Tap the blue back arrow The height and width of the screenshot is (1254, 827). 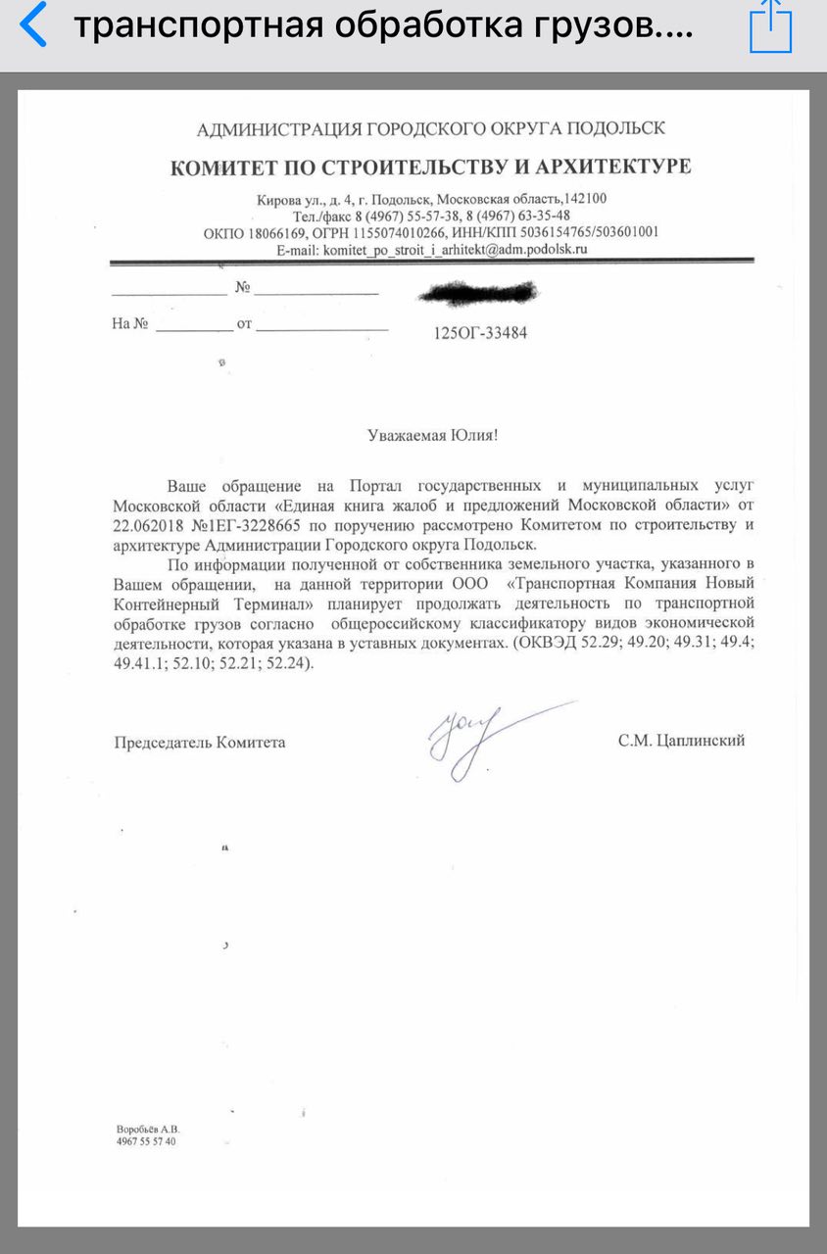pyautogui.click(x=32, y=26)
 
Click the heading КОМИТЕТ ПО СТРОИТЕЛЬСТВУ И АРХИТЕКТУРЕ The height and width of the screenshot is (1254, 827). pyautogui.click(x=430, y=166)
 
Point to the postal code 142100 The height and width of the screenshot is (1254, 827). pyautogui.click(x=585, y=199)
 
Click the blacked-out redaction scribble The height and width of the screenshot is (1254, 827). pyautogui.click(x=478, y=291)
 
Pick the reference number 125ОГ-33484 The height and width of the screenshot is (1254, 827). pyautogui.click(x=480, y=333)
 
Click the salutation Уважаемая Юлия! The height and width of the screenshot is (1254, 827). pyautogui.click(x=432, y=435)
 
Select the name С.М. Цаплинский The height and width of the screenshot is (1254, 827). pyautogui.click(x=680, y=741)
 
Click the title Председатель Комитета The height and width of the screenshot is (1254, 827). pyautogui.click(x=200, y=742)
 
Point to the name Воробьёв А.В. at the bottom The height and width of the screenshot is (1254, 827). pyautogui.click(x=149, y=1129)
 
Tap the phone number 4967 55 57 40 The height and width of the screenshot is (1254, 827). pyautogui.click(x=146, y=1142)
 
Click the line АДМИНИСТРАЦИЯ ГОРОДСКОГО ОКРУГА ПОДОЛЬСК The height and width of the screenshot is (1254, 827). pyautogui.click(x=431, y=128)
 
